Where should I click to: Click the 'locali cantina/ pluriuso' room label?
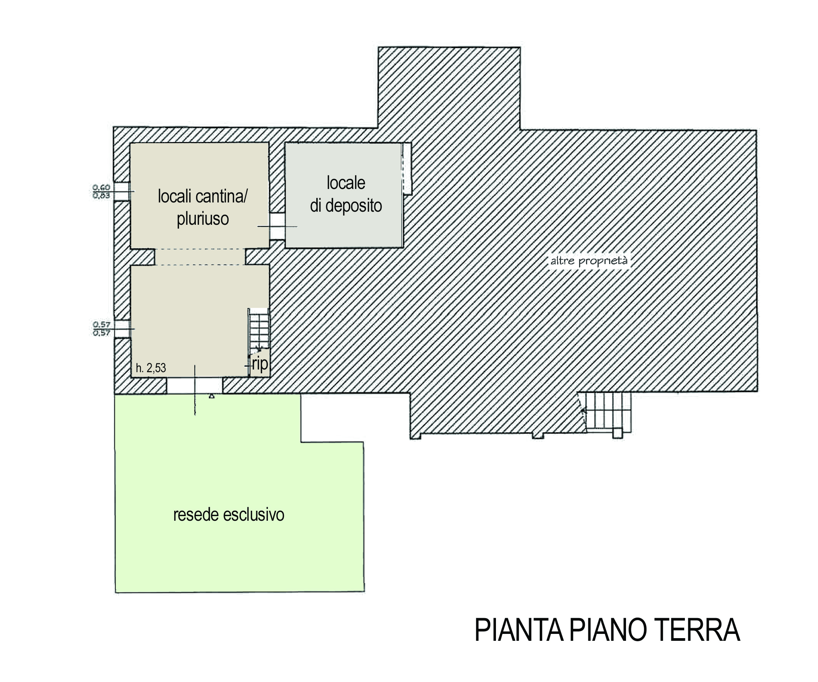(x=202, y=207)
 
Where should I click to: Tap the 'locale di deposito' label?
(x=346, y=194)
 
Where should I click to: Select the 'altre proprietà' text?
(x=589, y=261)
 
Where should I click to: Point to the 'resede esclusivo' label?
(x=229, y=515)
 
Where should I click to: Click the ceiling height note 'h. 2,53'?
(x=151, y=368)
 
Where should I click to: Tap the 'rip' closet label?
(x=260, y=364)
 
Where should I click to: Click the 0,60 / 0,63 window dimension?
(x=101, y=192)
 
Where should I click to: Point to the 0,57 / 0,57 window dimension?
(x=101, y=329)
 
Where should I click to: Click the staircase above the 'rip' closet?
(x=259, y=329)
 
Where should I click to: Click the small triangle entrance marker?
(x=212, y=396)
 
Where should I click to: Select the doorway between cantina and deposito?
(x=277, y=226)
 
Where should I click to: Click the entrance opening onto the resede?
(x=194, y=385)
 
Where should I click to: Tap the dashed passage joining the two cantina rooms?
(x=200, y=257)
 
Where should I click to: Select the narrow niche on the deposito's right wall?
(x=407, y=168)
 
